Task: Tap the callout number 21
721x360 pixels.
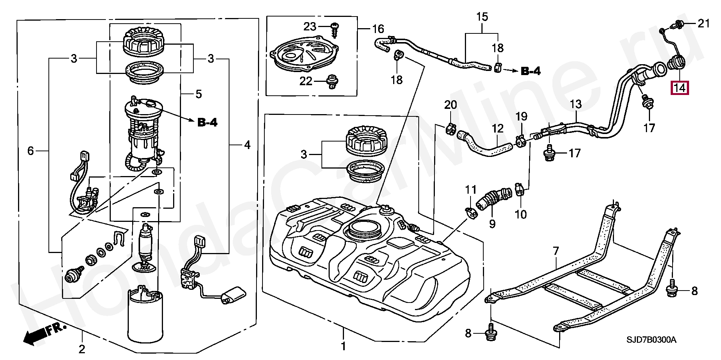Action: coord(703,24)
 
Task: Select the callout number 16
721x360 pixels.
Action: coord(378,29)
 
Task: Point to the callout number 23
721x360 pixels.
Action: coord(310,26)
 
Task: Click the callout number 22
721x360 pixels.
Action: coord(306,81)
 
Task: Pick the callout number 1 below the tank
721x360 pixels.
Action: coord(343,346)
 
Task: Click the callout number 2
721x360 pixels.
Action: coord(82,349)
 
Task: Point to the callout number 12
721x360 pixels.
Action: coord(498,129)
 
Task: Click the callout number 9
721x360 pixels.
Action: coord(492,224)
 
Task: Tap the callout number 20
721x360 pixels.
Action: coord(451,105)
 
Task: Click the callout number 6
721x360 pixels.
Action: coord(31,151)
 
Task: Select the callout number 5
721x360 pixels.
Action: coord(199,94)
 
